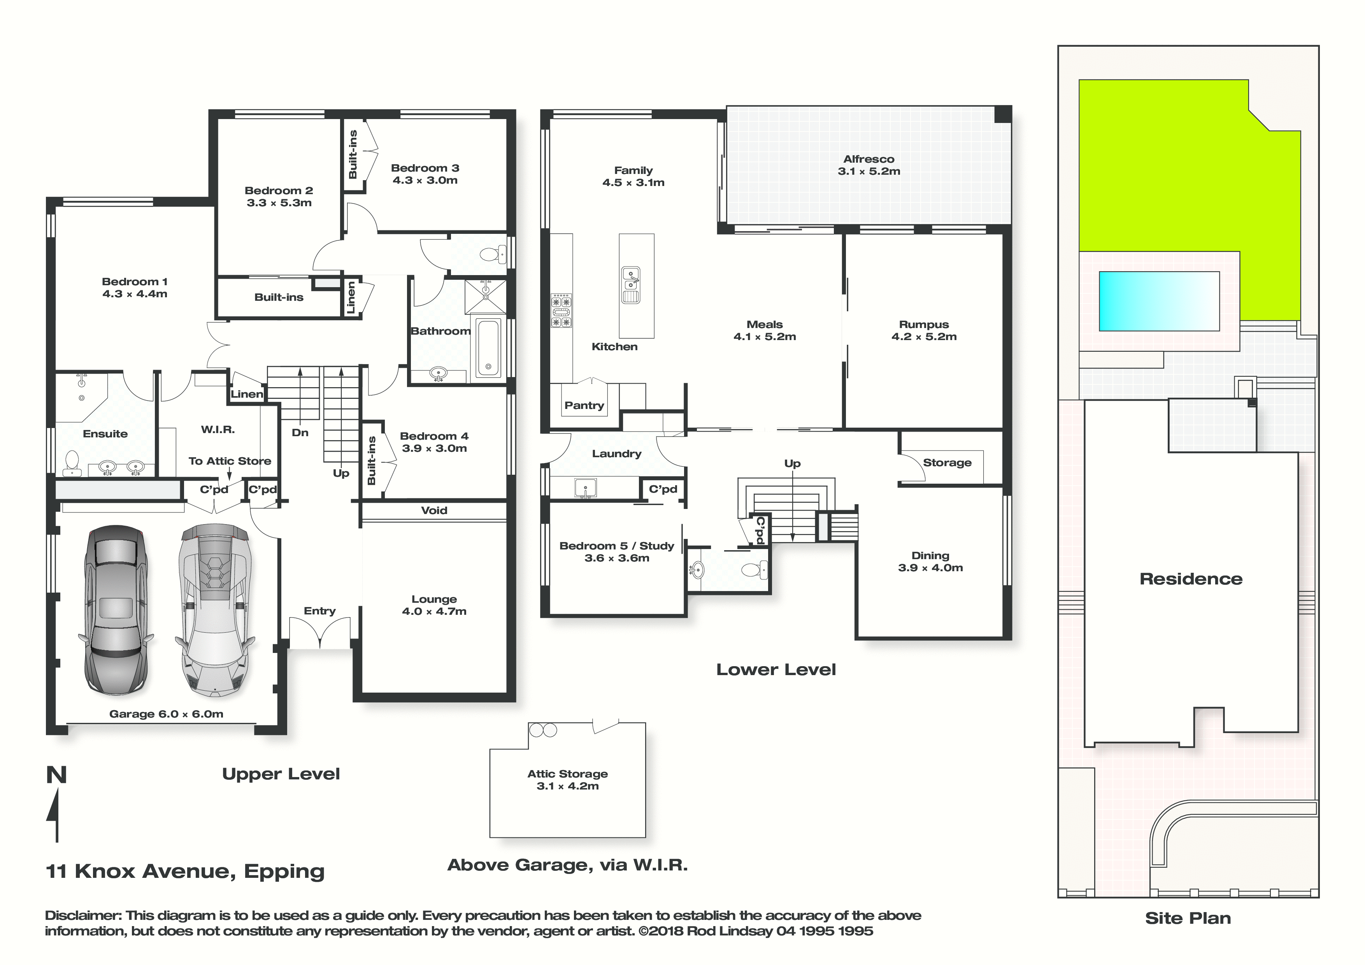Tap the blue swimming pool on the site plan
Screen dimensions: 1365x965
[x=1159, y=302]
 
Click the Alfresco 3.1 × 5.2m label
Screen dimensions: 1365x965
[x=868, y=165]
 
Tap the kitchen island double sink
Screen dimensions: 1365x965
[x=631, y=285]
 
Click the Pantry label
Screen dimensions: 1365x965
[x=584, y=405]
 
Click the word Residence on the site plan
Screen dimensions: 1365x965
[x=1191, y=579]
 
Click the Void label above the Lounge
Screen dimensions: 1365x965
[x=434, y=510]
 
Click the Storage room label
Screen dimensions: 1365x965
[x=947, y=463]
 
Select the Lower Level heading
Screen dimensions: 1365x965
[x=776, y=670]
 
